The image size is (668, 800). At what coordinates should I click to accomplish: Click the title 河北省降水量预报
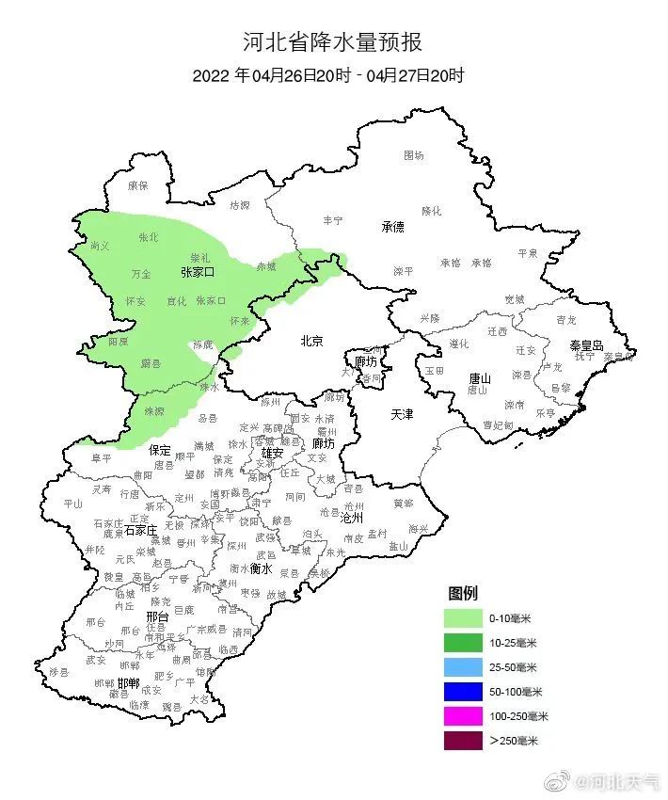click(x=332, y=42)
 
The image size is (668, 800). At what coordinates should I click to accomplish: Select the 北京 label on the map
click(x=311, y=341)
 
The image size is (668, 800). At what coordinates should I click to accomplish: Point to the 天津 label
click(x=402, y=414)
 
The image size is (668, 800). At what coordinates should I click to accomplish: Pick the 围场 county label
click(x=414, y=154)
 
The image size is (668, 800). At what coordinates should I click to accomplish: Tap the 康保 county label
click(x=137, y=185)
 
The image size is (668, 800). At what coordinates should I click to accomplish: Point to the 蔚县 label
click(x=151, y=362)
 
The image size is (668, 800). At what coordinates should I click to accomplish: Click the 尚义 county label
click(x=100, y=246)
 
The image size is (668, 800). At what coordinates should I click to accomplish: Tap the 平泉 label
click(x=528, y=252)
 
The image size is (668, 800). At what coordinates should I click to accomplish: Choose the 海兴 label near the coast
click(x=417, y=529)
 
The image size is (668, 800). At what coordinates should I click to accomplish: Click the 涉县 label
click(x=59, y=671)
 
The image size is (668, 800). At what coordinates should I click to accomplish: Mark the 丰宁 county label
click(x=333, y=219)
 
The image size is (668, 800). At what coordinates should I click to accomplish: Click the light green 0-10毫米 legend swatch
click(x=463, y=618)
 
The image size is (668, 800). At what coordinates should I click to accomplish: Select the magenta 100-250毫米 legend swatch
click(x=463, y=716)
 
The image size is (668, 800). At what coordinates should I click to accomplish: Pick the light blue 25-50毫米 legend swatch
click(x=463, y=667)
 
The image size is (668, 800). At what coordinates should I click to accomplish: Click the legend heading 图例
click(x=462, y=594)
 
